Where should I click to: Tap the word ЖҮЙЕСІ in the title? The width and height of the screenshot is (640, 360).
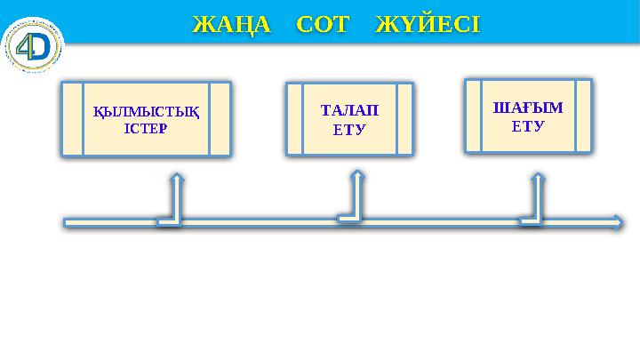tap(428, 24)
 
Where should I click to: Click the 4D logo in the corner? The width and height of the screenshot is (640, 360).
tap(35, 45)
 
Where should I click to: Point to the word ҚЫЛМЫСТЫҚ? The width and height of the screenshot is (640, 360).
tap(146, 112)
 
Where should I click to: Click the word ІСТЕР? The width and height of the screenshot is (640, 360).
tap(146, 127)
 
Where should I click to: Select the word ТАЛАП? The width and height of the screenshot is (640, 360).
tap(348, 111)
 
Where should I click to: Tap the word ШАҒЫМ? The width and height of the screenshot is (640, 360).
tap(528, 108)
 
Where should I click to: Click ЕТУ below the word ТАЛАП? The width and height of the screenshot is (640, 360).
tap(348, 129)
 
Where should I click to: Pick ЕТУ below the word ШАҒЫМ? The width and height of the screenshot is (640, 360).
tap(528, 125)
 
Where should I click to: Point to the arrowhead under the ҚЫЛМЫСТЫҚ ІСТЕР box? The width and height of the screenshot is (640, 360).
tap(177, 179)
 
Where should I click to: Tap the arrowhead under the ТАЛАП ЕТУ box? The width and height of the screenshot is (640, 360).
tap(357, 175)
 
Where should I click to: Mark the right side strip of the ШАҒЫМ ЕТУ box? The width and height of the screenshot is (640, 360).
tap(583, 116)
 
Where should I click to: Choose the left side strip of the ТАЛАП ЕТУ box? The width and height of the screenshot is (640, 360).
tap(294, 120)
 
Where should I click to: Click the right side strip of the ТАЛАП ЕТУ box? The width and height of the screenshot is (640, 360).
tap(404, 120)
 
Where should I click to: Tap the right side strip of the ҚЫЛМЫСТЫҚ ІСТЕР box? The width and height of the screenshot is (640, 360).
tap(220, 120)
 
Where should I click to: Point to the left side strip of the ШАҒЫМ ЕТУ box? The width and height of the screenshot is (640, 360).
tap(473, 116)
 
